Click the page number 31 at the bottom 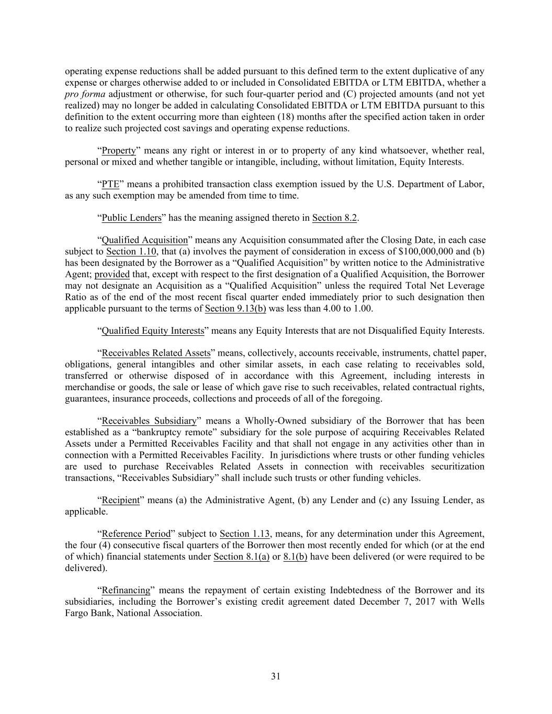(x=276, y=676)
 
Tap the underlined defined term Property (x=118, y=151)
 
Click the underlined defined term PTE (x=110, y=184)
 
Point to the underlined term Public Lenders (x=131, y=218)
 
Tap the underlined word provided (x=112, y=274)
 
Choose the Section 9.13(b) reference (x=235, y=308)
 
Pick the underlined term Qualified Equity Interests (x=152, y=331)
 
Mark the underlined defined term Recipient (x=120, y=500)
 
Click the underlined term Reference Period (x=136, y=534)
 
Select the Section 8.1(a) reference (x=242, y=557)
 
